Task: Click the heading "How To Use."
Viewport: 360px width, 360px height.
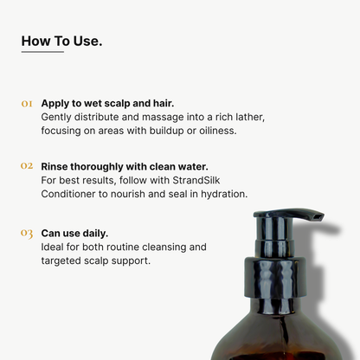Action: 61,40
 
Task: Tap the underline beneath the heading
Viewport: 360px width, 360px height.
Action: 42,52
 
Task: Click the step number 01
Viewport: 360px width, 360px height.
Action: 27,103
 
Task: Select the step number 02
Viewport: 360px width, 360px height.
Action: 27,165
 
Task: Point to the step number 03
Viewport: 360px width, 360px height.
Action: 27,233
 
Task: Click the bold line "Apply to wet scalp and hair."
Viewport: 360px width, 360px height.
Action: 107,102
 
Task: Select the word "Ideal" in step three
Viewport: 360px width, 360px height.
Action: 55,247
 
